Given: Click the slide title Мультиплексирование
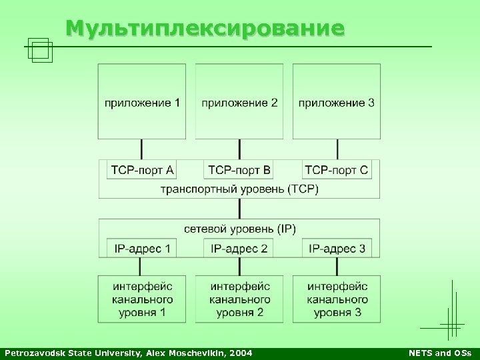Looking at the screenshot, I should point(205,28).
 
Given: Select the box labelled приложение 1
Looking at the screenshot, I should point(142,101).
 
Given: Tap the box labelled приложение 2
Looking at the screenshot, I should point(239,101).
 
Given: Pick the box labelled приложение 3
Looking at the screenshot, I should point(337,101).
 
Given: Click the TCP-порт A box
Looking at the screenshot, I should point(142,170).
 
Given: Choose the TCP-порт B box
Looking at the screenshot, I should point(239,170).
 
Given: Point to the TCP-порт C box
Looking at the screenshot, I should point(337,170).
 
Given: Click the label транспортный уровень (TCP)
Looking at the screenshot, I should point(239,189).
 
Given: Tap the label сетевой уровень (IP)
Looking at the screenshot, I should point(239,229).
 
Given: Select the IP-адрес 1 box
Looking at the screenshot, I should point(142,249).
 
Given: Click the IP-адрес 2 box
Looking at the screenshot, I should point(239,249).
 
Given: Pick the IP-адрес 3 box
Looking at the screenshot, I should point(337,249).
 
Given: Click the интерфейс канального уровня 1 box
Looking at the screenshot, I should point(142,299).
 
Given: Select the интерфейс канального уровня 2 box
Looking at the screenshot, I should point(239,299).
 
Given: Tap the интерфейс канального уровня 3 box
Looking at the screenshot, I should point(337,299).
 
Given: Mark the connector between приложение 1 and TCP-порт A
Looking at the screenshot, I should point(142,149).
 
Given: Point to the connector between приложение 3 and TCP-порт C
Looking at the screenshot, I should point(337,149).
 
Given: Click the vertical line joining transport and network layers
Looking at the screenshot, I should point(239,209).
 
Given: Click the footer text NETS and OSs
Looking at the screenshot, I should point(439,352).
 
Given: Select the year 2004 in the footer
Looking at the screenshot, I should point(241,352).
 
